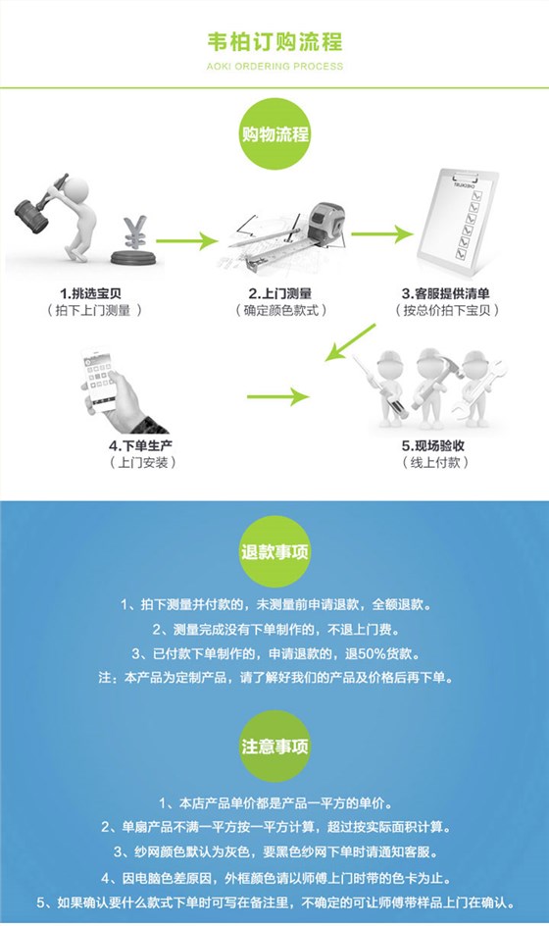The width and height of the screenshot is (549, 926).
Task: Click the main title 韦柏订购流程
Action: (x=274, y=42)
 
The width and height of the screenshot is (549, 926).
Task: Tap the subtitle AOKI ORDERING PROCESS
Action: (x=274, y=67)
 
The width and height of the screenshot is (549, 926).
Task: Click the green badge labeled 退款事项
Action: (x=274, y=551)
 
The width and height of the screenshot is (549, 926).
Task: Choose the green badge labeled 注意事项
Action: (x=274, y=745)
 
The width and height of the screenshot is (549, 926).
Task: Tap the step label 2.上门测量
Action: (x=279, y=293)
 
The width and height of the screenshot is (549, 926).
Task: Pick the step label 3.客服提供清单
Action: (x=452, y=293)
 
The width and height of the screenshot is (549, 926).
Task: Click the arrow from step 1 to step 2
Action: (x=185, y=238)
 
